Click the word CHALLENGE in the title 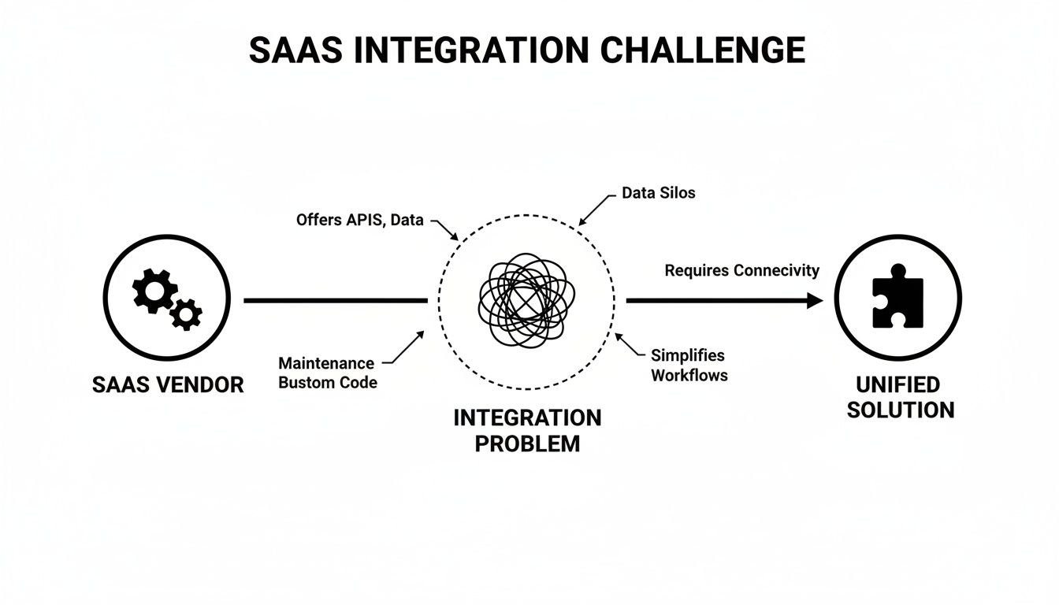coord(703,50)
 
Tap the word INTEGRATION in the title coord(470,50)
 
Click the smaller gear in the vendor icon coord(187,314)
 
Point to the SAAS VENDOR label coord(168,384)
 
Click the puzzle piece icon coord(897,296)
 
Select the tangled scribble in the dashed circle coord(526,300)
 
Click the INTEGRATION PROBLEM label coord(527,430)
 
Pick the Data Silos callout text coord(658,192)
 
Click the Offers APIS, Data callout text coord(359,221)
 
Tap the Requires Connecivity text coord(741,270)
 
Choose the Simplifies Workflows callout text coord(689,366)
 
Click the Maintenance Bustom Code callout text coord(327,373)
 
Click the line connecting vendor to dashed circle coord(335,300)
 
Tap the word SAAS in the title coord(296,50)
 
